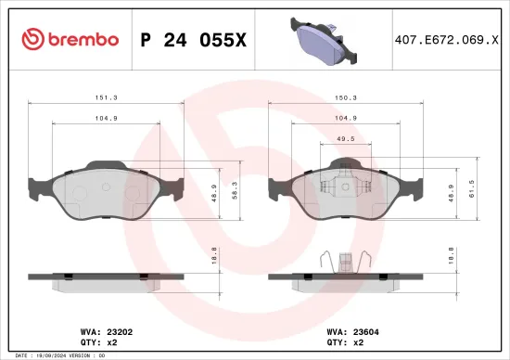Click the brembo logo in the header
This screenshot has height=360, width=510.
click(70, 39)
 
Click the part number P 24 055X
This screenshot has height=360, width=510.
click(192, 39)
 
